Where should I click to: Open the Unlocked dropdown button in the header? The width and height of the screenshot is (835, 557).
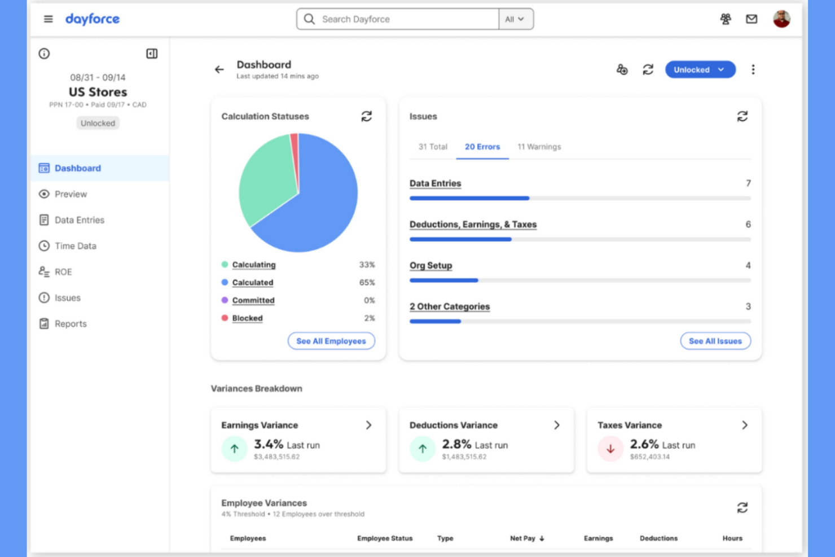coord(700,69)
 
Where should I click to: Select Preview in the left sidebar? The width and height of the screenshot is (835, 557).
coord(71,194)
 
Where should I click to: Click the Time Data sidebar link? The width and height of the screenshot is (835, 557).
coord(75,246)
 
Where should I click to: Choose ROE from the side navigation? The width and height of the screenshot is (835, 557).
coord(63,272)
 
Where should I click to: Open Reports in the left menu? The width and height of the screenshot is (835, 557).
coord(71,324)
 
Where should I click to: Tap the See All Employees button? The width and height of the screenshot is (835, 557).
coord(331,341)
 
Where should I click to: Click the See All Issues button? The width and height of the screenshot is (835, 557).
coord(715,341)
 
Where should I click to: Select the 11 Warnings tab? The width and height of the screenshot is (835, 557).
coord(539,147)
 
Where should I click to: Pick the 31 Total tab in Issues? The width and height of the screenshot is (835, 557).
coord(433,147)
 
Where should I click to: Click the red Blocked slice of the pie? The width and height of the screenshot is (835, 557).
coord(295,152)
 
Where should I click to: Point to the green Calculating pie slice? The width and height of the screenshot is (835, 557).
coord(265,181)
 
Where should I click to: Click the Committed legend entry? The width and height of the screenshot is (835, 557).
coord(253,300)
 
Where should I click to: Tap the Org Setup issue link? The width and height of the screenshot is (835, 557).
coord(430,266)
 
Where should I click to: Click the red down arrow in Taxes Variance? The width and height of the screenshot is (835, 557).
coord(610,449)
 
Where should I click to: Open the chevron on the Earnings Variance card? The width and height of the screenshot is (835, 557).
coord(368,425)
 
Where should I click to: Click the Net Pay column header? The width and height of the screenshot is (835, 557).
coord(523,538)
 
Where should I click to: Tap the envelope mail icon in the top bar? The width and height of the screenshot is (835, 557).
coord(751,19)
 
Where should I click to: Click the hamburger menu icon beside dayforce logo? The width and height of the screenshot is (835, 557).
coord(49,19)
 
